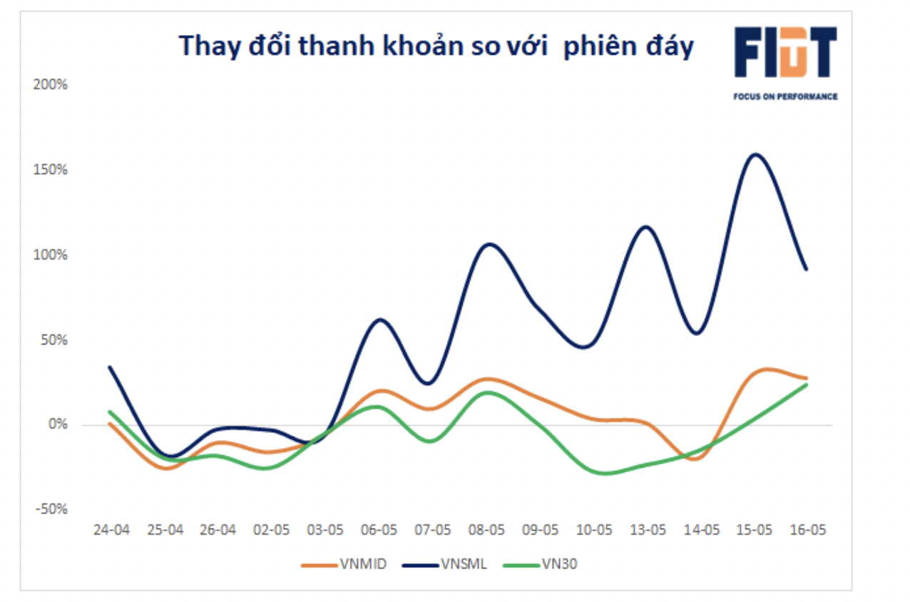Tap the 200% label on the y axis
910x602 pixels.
coord(50,84)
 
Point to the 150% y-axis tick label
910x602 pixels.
coord(50,170)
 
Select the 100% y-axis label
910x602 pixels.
coord(50,255)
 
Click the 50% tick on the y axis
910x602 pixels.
coord(53,340)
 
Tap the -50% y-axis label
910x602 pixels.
coord(51,509)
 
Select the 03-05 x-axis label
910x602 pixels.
coord(325,531)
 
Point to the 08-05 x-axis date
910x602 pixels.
coord(486,531)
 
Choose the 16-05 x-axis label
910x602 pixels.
coord(808,531)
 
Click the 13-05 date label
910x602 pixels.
coord(648,531)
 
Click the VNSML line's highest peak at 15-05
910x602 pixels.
coord(755,154)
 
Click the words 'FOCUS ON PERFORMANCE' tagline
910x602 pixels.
coord(785,96)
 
